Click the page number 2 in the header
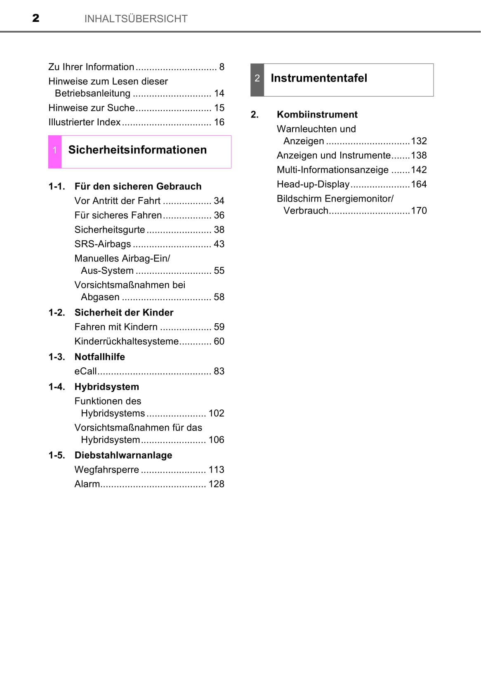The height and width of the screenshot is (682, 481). tap(36, 18)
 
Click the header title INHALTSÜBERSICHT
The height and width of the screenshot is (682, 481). tap(136, 19)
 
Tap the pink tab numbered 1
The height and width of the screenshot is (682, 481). tap(55, 151)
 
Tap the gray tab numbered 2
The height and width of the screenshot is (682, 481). tap(257, 79)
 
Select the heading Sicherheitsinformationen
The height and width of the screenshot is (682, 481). tap(137, 150)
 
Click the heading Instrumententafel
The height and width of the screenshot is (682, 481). tap(318, 78)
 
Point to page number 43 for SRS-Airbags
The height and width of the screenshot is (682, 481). tap(219, 244)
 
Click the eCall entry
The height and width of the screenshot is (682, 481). tap(85, 371)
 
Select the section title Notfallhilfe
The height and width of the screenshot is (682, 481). tap(99, 357)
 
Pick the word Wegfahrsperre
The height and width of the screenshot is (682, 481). tap(106, 470)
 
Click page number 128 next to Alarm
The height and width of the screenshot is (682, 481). tap(216, 484)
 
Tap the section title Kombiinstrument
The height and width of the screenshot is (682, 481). tap(317, 114)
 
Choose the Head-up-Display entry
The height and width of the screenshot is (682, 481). tap(313, 184)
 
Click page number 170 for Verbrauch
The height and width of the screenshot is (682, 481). tap(419, 211)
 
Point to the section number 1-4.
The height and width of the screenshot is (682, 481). tap(57, 387)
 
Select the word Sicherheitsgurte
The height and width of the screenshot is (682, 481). tap(110, 230)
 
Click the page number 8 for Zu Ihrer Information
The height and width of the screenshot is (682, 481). tap(222, 67)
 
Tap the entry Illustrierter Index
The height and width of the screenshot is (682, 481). tap(85, 122)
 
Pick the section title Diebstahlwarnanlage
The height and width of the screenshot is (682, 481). tap(123, 455)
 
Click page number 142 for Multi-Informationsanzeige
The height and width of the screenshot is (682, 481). tap(419, 170)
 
